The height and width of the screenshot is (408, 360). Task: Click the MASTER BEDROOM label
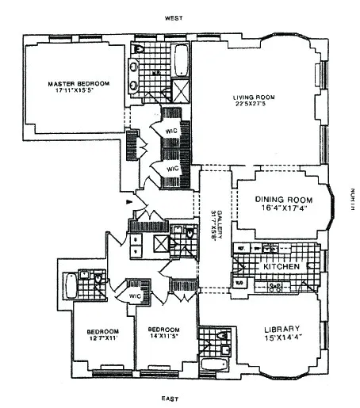click(78, 83)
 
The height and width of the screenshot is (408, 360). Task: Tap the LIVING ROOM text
click(251, 98)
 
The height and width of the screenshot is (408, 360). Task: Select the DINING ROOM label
click(282, 200)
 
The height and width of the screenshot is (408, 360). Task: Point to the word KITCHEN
click(281, 268)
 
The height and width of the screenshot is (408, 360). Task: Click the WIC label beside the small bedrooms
click(133, 296)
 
